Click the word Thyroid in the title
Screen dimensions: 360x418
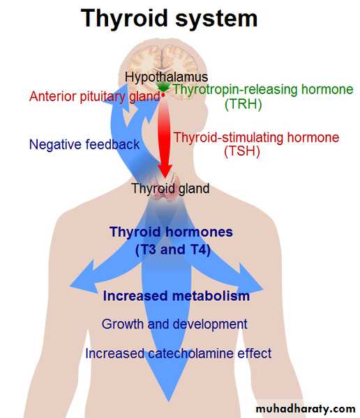(124, 18)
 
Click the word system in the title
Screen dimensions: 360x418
(216, 20)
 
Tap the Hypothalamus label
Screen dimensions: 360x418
(166, 77)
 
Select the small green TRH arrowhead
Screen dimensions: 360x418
(163, 87)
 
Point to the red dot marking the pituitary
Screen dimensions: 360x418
(163, 94)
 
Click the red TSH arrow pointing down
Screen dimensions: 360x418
(165, 139)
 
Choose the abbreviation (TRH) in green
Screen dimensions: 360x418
(243, 104)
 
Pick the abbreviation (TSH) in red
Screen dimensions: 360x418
(242, 152)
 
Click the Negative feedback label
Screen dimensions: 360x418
(84, 144)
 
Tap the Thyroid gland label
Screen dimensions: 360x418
(170, 188)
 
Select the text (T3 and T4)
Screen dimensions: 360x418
(172, 250)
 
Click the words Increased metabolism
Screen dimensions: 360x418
(177, 296)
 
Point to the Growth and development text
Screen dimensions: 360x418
(174, 324)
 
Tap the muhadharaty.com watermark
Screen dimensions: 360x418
(306, 409)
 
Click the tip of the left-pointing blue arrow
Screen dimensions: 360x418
(70, 286)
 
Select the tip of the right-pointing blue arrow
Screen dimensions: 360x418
(264, 289)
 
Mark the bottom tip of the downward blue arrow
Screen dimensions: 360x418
(168, 401)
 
